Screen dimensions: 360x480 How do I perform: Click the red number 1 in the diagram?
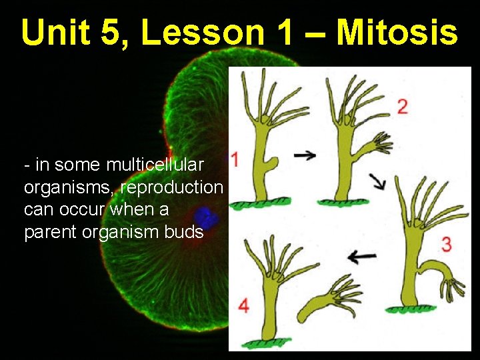point(235,159)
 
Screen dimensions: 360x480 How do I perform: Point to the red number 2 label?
point(403,106)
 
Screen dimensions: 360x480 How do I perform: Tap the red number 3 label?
point(446,243)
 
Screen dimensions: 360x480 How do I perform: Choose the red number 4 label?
point(243,306)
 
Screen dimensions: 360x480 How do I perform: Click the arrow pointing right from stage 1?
point(305,155)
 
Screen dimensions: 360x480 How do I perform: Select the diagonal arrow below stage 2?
point(378,181)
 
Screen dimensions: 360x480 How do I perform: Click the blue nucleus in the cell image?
point(206,217)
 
